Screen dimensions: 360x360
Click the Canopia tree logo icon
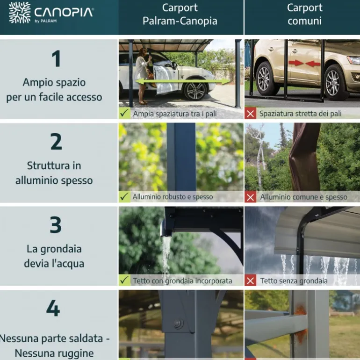pos(19,13)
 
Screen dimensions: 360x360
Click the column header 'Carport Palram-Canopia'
pos(180,14)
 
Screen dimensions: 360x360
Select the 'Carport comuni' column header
pos(304,14)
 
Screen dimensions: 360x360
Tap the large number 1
pos(56,59)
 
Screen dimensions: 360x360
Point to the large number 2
pos(56,142)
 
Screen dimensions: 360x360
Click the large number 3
pos(56,225)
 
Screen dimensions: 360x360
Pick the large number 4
pos(53,309)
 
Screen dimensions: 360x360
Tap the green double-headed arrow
pos(183,82)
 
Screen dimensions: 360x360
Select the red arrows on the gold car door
pos(302,63)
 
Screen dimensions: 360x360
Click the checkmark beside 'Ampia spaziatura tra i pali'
pos(124,114)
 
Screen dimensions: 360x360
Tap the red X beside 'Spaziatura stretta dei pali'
pos(251,114)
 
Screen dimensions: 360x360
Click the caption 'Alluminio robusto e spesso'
pos(173,197)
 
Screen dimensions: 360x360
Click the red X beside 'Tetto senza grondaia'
pos(251,281)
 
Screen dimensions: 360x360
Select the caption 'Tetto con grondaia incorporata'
pos(182,281)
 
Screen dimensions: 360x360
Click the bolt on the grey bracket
pos(178,324)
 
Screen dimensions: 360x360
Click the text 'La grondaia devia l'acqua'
pos(54,256)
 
